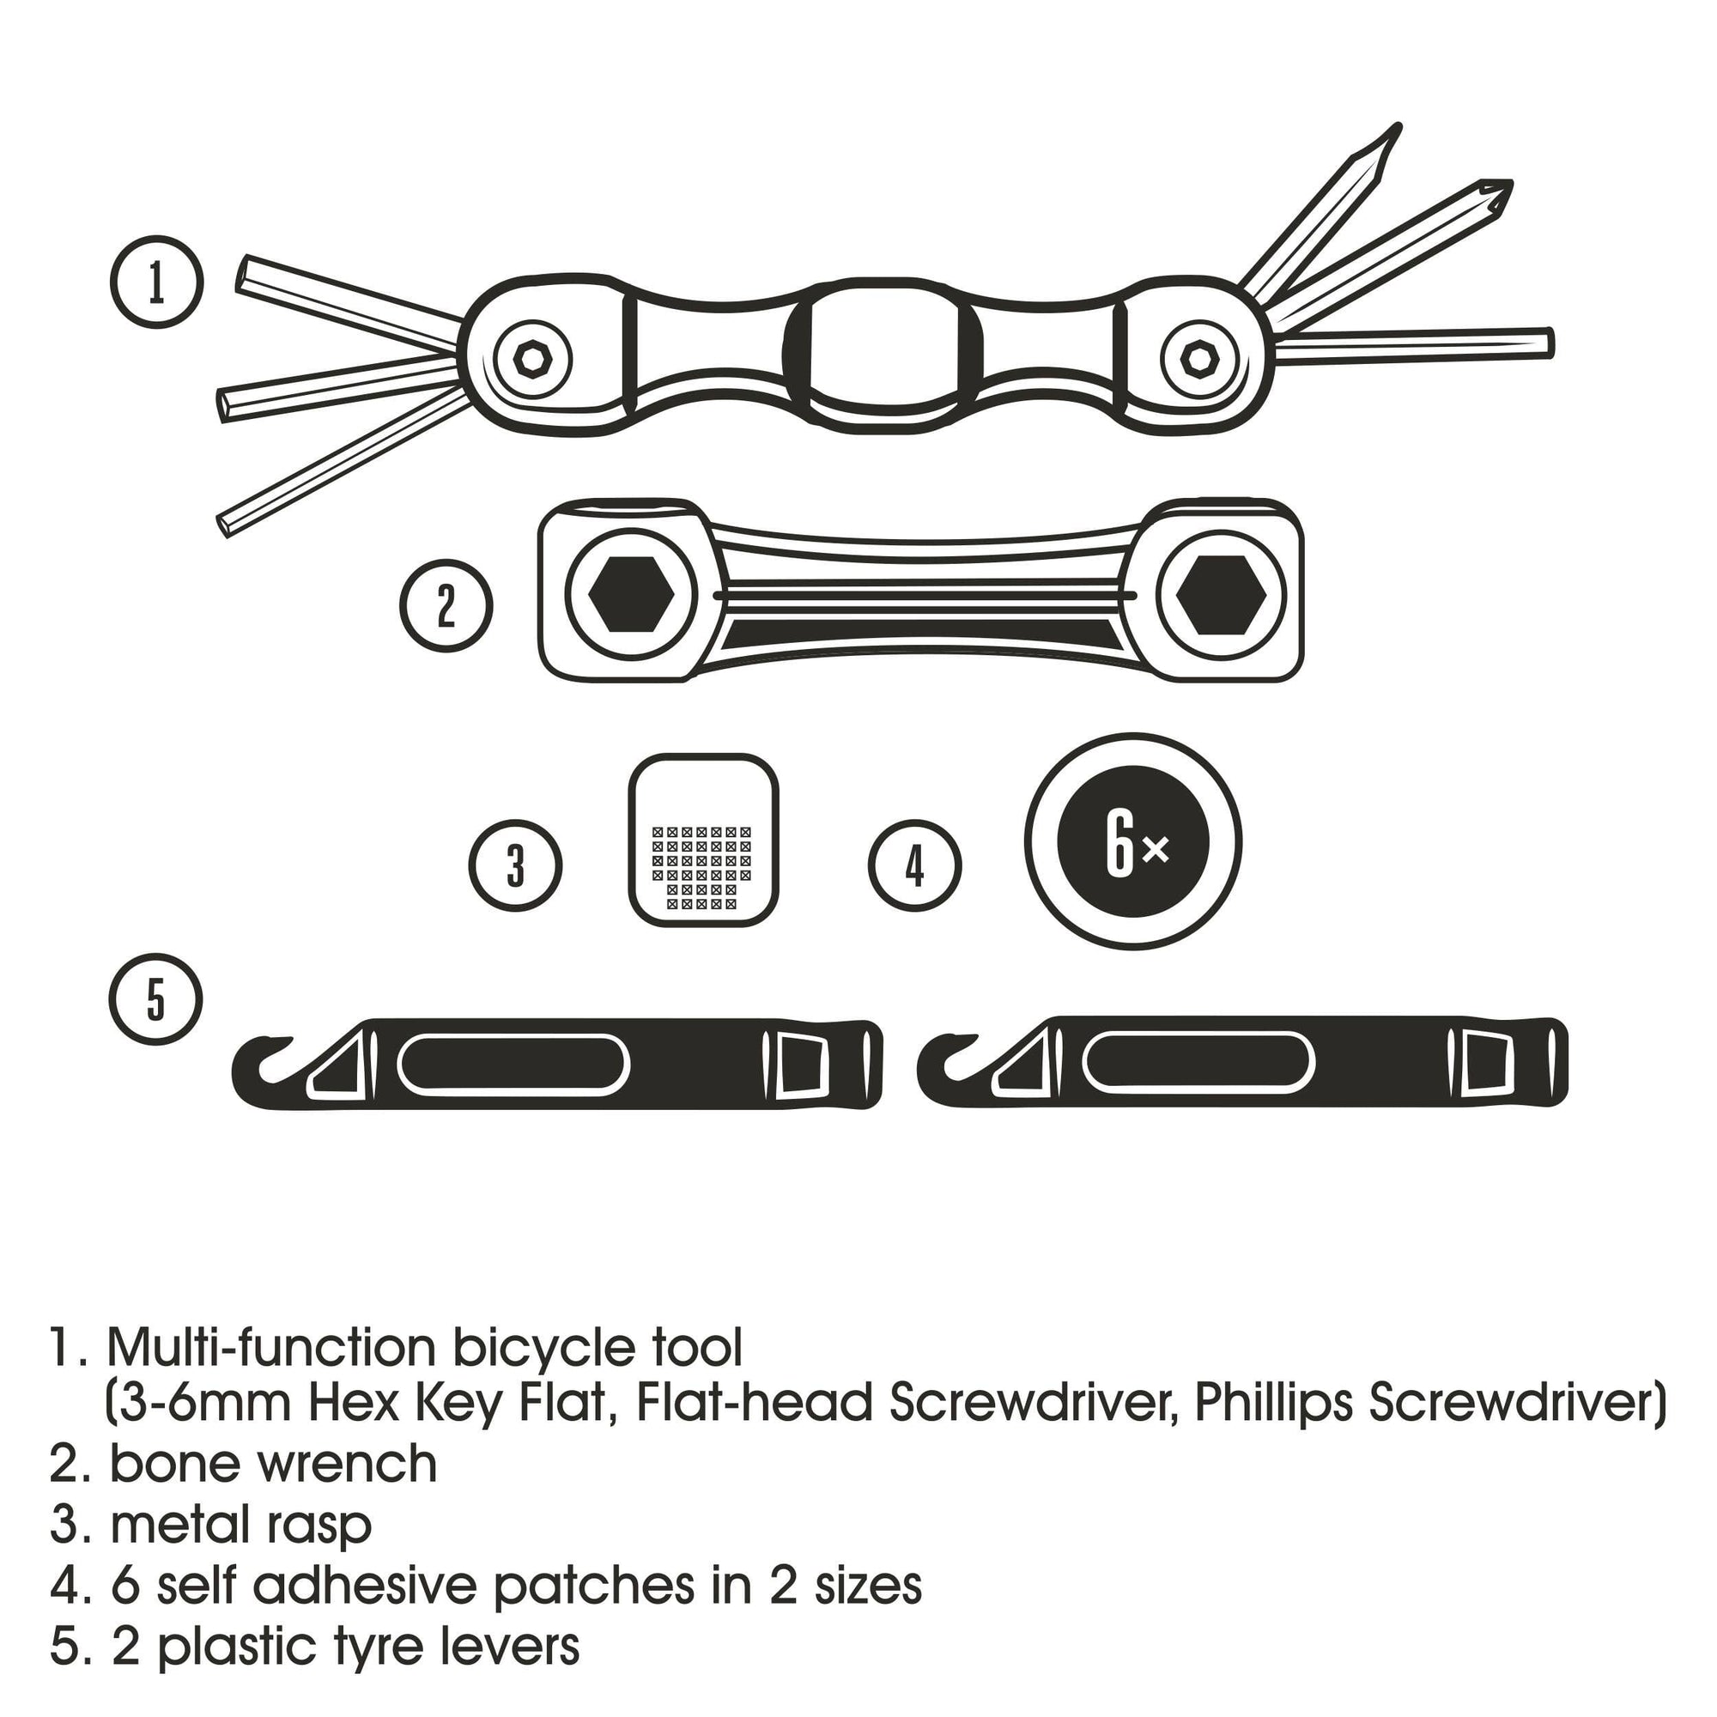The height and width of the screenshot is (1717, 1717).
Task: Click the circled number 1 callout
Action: (157, 282)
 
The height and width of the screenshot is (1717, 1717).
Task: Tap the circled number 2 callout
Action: (446, 605)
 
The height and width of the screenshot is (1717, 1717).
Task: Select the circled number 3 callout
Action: (515, 865)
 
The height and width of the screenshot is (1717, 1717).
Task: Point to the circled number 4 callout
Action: (914, 865)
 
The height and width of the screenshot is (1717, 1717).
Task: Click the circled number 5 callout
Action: (156, 999)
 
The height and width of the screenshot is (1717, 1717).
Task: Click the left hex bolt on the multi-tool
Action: (532, 360)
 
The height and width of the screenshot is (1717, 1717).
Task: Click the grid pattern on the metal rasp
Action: (701, 867)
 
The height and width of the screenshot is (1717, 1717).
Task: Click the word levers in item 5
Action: (509, 1646)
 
